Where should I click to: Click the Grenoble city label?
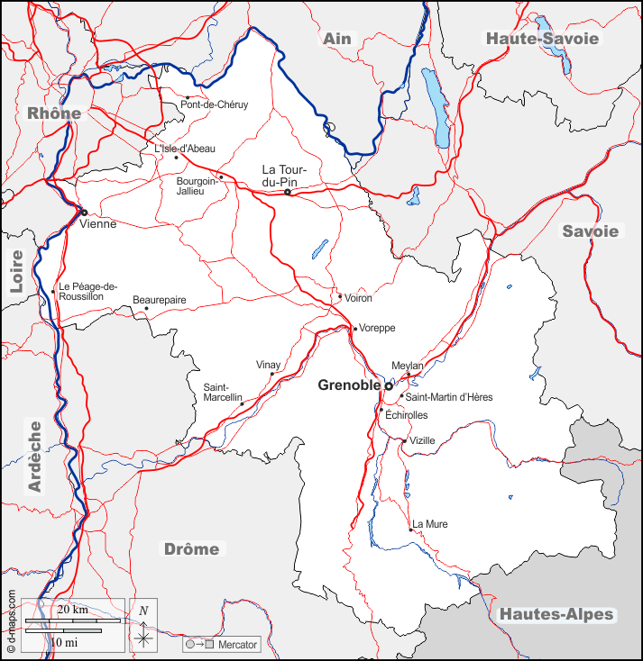pos(350,385)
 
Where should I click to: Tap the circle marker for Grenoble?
pos(389,385)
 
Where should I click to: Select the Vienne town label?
pos(97,223)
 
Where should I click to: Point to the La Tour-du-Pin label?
pos(286,176)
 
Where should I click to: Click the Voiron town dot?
pos(339,296)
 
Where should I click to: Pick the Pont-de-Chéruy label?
pos(215,104)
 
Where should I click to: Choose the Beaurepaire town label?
pos(159,298)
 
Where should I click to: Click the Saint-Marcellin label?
pos(222,392)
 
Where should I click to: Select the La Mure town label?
pos(430,524)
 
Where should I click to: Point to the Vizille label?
pos(422,440)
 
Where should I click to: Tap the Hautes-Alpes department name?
pos(556,615)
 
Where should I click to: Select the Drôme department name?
pos(191,549)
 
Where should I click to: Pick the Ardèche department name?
pos(35,456)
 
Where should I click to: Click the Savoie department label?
pos(591,231)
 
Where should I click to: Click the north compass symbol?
pos(143,626)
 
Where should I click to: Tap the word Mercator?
pos(238,645)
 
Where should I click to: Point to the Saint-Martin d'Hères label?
pos(449,397)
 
